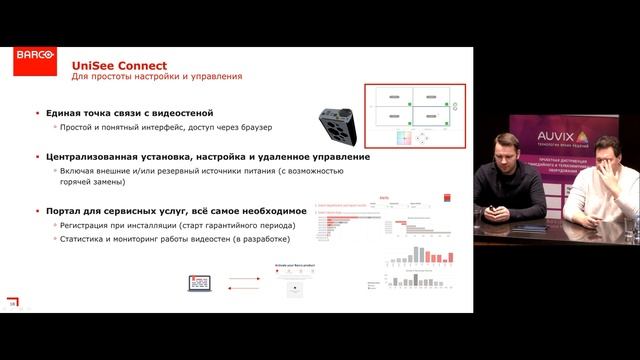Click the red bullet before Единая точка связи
point(36,113)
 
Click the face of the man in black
point(504,159)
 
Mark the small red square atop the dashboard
point(385,200)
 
